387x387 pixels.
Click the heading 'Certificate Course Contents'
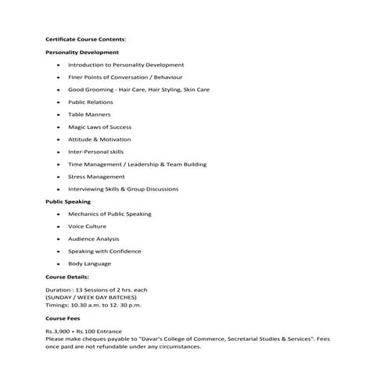click(85, 39)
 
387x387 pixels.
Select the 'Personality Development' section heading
click(82, 52)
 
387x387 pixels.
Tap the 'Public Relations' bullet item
click(90, 102)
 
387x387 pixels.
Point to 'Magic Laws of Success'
click(99, 127)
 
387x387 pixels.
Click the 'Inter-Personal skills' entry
click(95, 152)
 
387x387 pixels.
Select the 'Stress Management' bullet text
click(96, 177)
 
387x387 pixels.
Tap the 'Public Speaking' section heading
click(68, 202)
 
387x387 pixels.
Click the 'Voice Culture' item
click(87, 226)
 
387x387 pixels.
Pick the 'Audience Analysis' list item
click(93, 238)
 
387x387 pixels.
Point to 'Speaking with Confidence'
click(104, 251)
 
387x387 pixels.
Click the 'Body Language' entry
click(89, 263)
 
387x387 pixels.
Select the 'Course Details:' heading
click(67, 276)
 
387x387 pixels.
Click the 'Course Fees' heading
click(63, 319)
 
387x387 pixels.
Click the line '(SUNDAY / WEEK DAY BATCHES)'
click(91, 298)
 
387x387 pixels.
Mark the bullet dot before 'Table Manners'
click(59, 115)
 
